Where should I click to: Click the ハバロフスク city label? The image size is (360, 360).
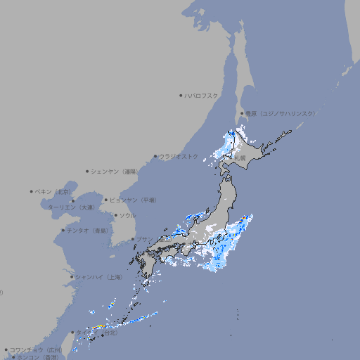(202, 95)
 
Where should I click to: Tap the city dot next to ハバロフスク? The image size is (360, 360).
(181, 95)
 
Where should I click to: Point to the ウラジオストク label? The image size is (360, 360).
(179, 156)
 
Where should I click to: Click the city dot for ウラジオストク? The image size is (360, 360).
(155, 157)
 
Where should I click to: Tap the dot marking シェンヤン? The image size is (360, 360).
(88, 171)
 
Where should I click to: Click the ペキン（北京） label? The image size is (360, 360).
(53, 191)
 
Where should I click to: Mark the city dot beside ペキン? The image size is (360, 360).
(32, 191)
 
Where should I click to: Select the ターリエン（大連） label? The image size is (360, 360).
(71, 207)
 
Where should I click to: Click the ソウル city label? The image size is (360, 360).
(127, 215)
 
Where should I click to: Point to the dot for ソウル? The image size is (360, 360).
(115, 215)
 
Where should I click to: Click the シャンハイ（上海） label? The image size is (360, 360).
(98, 277)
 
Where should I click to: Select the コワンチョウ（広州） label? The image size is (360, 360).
(36, 349)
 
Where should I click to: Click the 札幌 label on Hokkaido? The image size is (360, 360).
(240, 157)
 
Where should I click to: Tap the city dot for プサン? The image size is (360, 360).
(133, 239)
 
